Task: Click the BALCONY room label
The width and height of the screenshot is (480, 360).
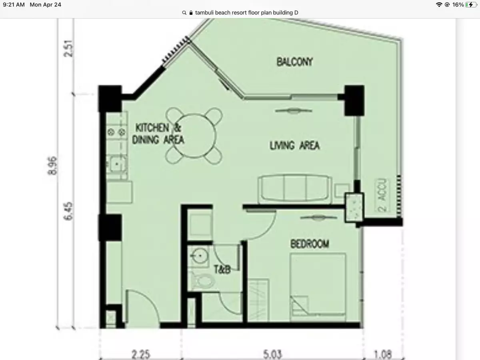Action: tap(294, 62)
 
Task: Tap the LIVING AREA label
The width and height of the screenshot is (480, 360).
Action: tap(294, 146)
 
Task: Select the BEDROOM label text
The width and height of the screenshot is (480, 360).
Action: tap(310, 244)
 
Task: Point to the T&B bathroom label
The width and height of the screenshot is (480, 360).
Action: tap(222, 270)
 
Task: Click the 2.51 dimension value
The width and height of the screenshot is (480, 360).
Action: tap(68, 48)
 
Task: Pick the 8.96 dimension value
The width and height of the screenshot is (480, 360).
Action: tap(52, 166)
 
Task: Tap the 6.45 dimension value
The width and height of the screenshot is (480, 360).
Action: tap(68, 211)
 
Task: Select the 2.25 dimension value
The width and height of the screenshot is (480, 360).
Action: tap(141, 354)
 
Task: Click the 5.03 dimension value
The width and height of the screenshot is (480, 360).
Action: tap(272, 354)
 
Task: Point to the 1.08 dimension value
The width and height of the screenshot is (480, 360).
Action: tap(383, 354)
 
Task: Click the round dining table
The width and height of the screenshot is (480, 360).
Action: tap(194, 136)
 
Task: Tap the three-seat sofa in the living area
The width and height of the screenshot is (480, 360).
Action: tap(295, 188)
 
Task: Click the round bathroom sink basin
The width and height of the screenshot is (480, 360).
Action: tap(200, 256)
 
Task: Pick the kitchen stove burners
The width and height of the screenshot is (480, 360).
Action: tap(116, 132)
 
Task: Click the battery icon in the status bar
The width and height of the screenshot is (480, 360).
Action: tap(471, 4)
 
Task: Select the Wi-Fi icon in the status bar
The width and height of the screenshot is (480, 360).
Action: tap(439, 4)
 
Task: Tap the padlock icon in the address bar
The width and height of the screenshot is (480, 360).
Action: tap(191, 13)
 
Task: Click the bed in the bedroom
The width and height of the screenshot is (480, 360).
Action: tap(318, 287)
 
